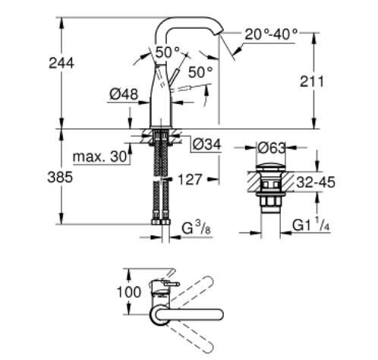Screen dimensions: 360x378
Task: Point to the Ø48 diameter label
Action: [x=122, y=94]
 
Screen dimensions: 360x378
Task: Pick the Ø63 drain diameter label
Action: [x=271, y=147]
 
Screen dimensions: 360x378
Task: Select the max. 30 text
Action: [x=98, y=158]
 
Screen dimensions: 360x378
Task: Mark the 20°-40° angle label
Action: [x=271, y=34]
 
